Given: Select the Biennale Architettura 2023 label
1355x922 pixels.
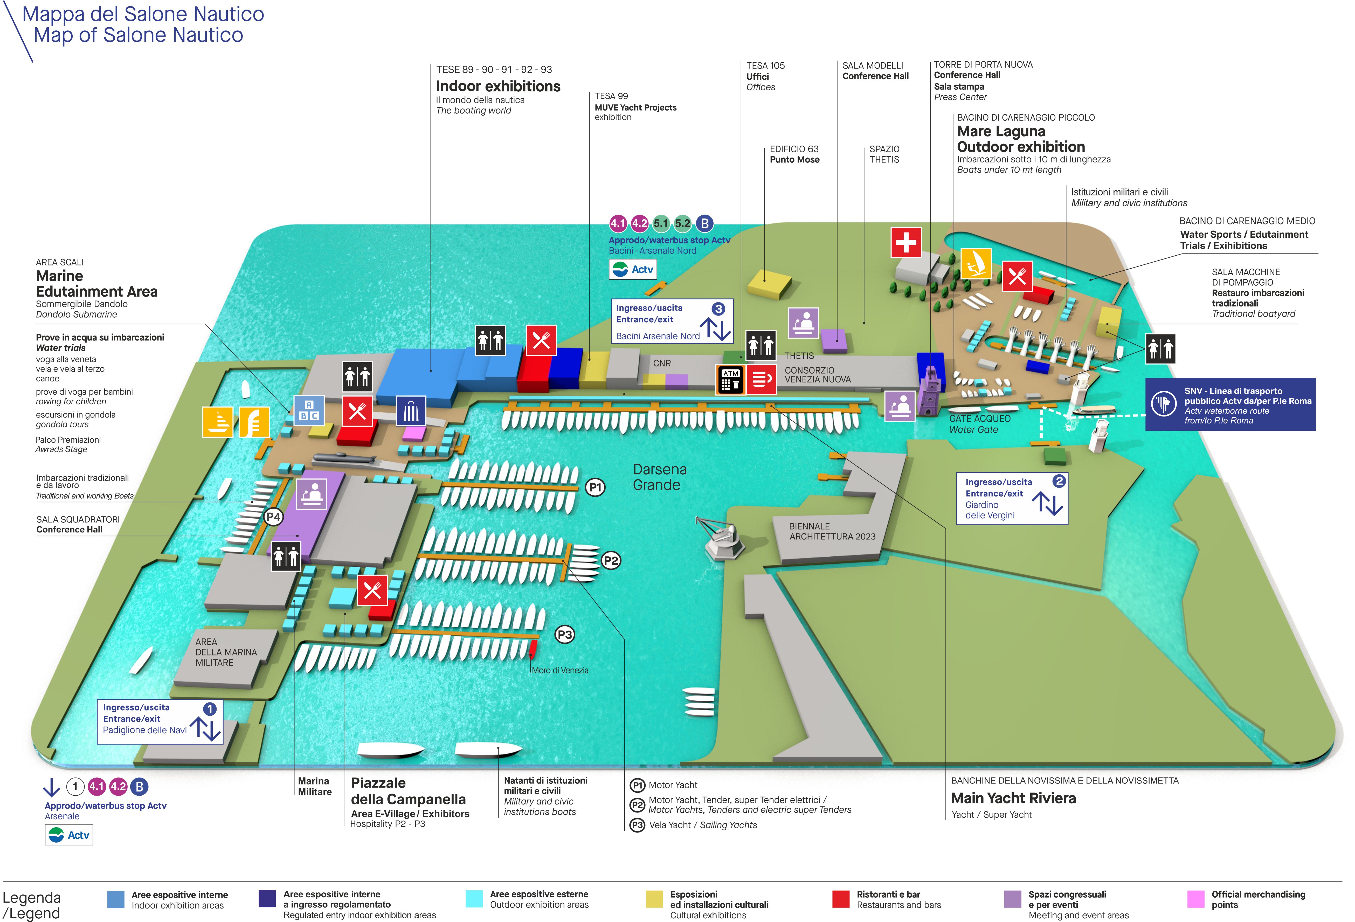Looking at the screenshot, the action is click(832, 531).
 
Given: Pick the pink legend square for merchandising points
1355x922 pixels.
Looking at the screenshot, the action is click(1196, 899).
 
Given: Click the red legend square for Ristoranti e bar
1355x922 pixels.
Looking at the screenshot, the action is click(841, 899).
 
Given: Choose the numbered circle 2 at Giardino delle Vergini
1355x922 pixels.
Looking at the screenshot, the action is click(1059, 481).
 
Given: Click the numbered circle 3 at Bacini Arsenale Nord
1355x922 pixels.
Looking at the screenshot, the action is click(718, 309).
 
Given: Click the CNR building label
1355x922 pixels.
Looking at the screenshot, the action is click(662, 363).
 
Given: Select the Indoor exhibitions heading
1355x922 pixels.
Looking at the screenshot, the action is click(498, 86).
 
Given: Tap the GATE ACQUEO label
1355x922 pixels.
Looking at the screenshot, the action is click(979, 419).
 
